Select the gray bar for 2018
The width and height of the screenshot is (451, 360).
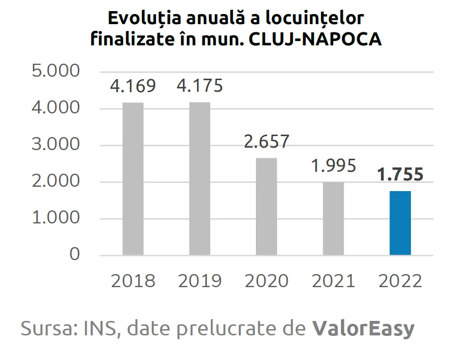coord(133,179)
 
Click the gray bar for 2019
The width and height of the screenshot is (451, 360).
coord(199,179)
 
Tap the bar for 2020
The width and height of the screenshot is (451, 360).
coord(266,206)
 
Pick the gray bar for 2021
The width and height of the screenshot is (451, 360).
coord(334,218)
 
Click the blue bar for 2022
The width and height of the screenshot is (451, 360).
coord(400,223)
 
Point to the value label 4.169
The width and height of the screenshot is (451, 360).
coord(133,86)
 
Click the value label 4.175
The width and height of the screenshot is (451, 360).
coord(199,86)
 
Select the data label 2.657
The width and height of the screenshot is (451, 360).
coord(266,142)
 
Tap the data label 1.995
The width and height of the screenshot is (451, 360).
coord(334,166)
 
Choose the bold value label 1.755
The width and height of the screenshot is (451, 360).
coord(400,175)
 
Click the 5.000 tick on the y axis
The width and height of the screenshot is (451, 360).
coord(55,71)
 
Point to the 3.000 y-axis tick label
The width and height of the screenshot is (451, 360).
coord(55,145)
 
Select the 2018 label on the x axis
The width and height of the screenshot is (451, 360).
coord(133,281)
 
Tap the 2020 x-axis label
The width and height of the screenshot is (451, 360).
coord(266,281)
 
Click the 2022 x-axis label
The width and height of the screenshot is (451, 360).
coord(400,281)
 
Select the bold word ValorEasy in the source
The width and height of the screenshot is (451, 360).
coord(363,329)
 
